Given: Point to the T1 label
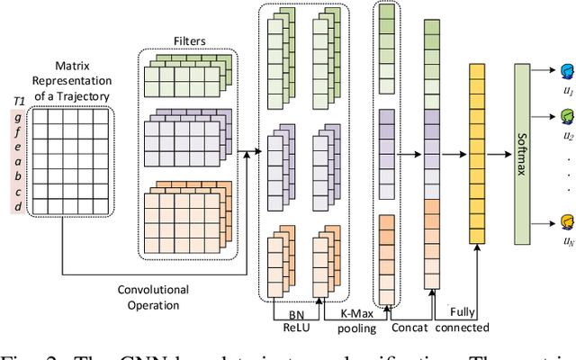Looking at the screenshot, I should [16, 101].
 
